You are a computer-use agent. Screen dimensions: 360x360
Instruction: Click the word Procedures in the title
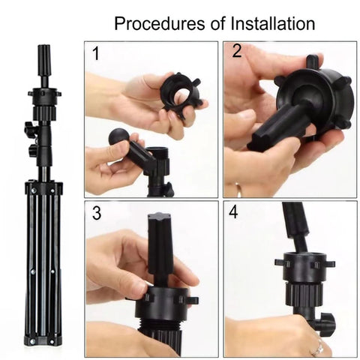pyautogui.click(x=160, y=23)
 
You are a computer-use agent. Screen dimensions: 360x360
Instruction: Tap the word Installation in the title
pyautogui.click(x=272, y=23)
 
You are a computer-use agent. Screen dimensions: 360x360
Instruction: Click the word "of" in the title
pyautogui.click(x=217, y=24)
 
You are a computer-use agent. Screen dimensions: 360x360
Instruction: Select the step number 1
pyautogui.click(x=96, y=53)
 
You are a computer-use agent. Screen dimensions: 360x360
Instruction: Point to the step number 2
pyautogui.click(x=237, y=50)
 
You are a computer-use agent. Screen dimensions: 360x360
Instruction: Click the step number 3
pyautogui.click(x=97, y=213)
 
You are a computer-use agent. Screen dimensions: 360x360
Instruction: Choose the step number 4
pyautogui.click(x=233, y=212)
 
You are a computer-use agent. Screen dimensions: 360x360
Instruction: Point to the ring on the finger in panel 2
pyautogui.click(x=239, y=189)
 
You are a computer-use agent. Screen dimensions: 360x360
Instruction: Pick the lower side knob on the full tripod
pyautogui.click(x=32, y=149)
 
